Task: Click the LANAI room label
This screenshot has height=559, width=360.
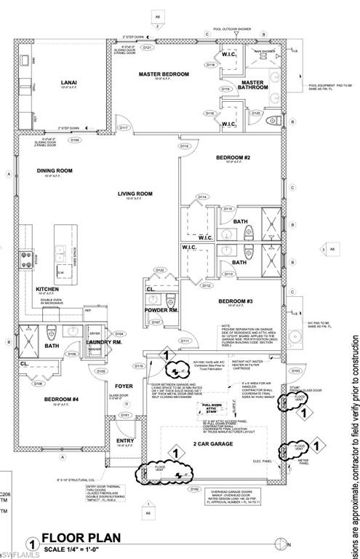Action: click(x=69, y=84)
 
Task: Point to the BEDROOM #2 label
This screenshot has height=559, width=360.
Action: click(x=233, y=158)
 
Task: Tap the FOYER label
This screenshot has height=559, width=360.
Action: click(x=124, y=386)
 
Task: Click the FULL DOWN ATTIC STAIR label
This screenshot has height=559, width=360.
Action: click(x=212, y=408)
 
